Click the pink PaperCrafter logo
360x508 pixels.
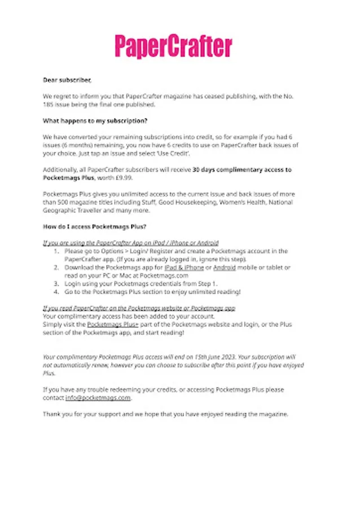pyautogui.click(x=174, y=46)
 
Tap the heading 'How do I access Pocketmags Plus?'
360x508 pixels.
pyautogui.click(x=95, y=226)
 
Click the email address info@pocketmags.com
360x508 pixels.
pyautogui.click(x=98, y=397)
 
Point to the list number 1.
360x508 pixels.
pyautogui.click(x=56, y=251)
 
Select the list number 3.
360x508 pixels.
pyautogui.click(x=56, y=283)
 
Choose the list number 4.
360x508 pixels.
pyautogui.click(x=56, y=291)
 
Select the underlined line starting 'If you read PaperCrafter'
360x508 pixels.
pyautogui.click(x=139, y=308)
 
